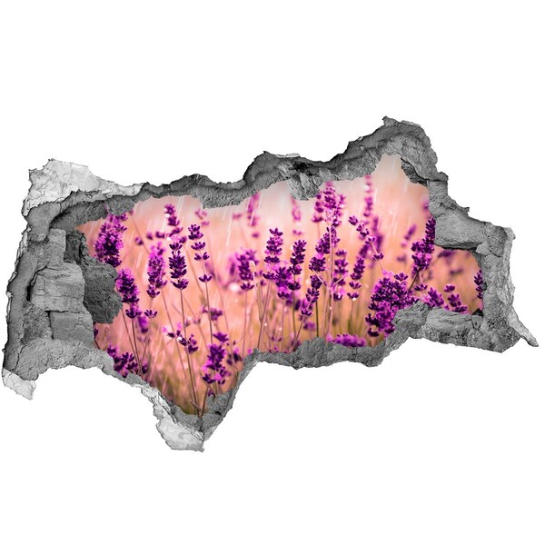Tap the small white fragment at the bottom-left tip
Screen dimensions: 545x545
16,381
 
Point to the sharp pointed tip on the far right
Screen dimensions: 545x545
532,342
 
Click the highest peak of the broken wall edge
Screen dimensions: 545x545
388,120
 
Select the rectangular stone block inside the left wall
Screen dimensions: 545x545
58,286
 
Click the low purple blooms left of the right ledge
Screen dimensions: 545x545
345,341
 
